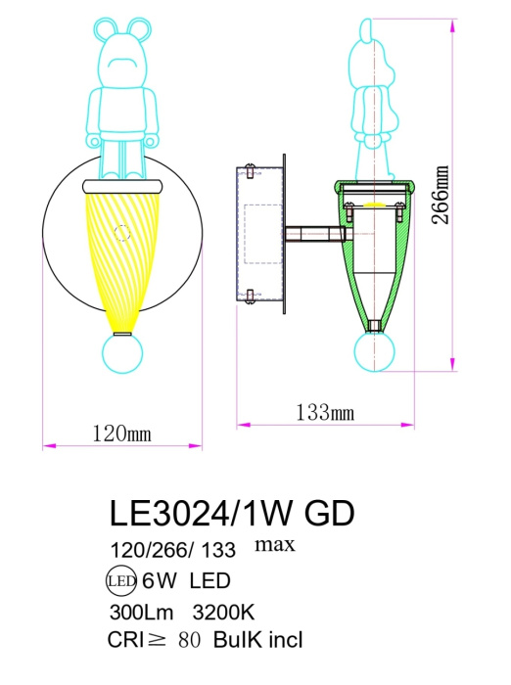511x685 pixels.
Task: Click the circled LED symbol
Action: click(119, 581)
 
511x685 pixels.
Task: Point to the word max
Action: click(275, 543)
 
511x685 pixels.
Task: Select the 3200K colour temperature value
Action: click(222, 613)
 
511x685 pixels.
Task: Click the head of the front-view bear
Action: click(122, 49)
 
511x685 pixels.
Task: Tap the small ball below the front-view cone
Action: click(121, 355)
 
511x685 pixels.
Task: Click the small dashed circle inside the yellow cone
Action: click(122, 234)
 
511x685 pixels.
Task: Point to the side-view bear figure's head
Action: click(371, 44)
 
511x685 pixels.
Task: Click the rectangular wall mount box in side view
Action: click(259, 235)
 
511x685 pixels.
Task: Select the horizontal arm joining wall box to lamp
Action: click(313, 234)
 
